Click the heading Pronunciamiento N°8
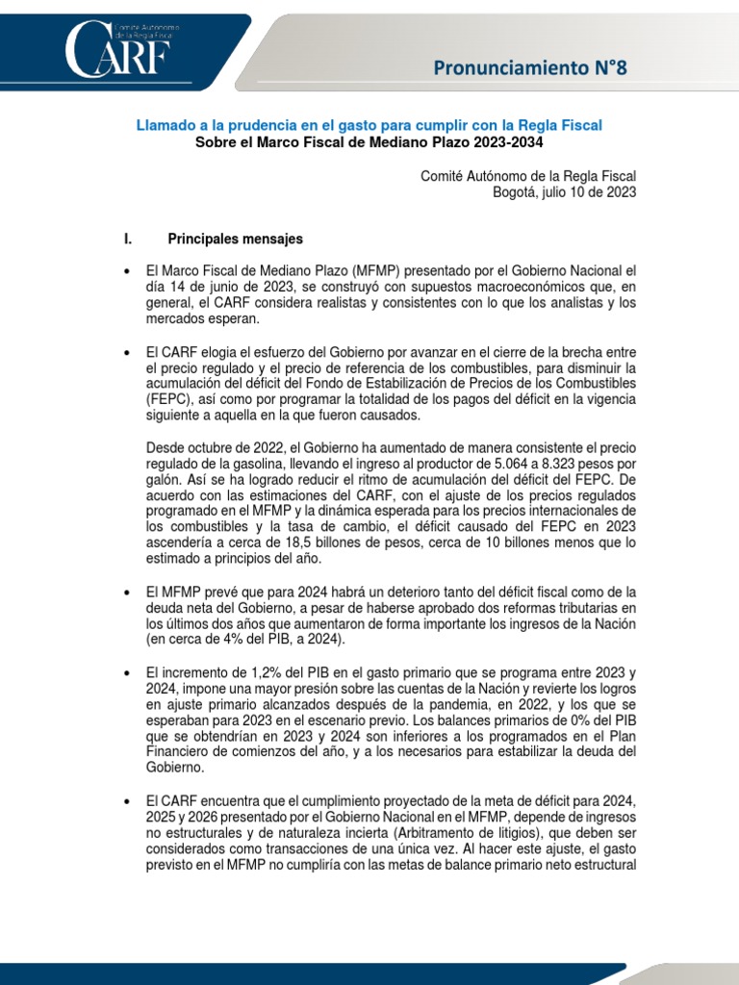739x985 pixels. click(535, 67)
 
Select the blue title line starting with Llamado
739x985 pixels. click(369, 126)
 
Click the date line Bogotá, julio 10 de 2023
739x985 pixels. click(564, 192)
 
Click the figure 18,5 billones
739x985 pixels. click(308, 543)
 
